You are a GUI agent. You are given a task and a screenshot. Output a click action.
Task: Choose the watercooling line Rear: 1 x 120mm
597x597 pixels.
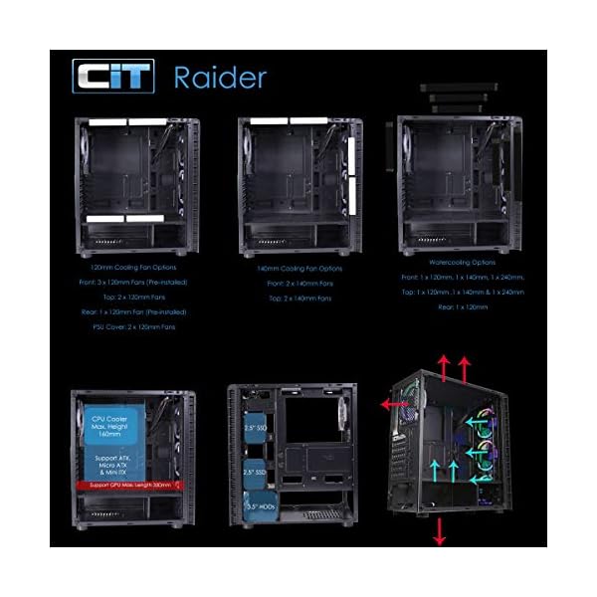(x=461, y=307)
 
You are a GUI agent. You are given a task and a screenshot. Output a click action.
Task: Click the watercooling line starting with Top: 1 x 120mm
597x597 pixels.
(x=461, y=293)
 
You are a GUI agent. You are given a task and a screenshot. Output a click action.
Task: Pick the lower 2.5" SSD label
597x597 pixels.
(x=255, y=472)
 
